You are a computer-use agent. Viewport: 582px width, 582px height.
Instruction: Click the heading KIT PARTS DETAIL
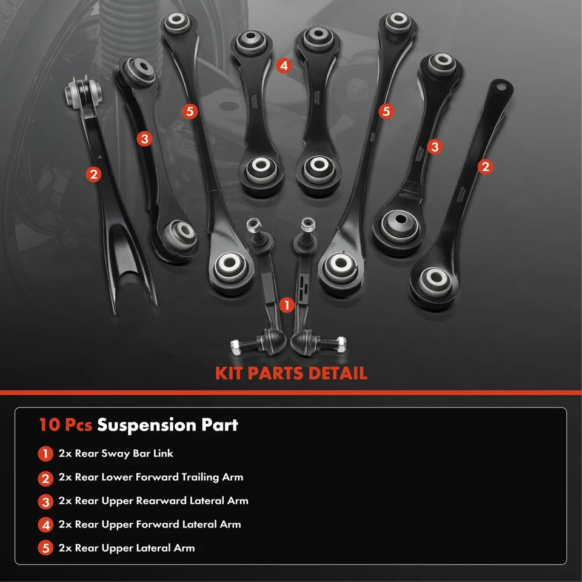coord(291,372)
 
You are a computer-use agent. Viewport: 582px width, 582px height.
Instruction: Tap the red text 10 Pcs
coord(65,425)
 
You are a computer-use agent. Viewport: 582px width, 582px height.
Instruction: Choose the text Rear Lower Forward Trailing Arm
coord(151,477)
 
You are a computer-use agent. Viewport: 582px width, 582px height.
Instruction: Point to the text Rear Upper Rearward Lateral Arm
coord(153,501)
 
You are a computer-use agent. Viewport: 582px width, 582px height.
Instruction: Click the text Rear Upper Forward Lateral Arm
coord(150,524)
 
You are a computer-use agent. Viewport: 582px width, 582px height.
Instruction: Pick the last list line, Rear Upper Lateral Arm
coord(127,548)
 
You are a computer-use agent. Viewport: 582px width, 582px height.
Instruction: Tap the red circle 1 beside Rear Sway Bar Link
coord(46,453)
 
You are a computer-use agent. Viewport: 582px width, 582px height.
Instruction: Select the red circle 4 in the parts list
coord(46,525)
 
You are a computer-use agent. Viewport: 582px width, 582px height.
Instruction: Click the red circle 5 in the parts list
coord(46,549)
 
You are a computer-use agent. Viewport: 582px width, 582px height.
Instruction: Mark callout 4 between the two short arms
coord(284,65)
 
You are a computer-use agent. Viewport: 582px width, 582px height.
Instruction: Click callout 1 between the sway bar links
coord(288,305)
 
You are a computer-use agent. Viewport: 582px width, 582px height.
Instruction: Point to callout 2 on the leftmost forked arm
coord(93,175)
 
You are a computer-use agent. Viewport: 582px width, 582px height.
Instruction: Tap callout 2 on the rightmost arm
coord(484,167)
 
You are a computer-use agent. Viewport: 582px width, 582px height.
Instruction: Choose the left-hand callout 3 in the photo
coord(144,139)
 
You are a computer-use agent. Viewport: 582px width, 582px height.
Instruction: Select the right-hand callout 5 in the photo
coord(386,111)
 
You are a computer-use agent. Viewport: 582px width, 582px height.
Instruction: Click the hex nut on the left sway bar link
coord(235,346)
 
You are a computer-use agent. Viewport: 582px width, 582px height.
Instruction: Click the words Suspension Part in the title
coord(168,425)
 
